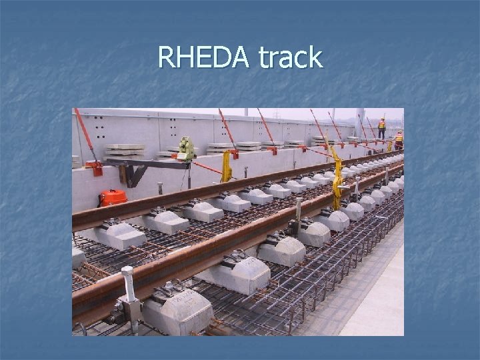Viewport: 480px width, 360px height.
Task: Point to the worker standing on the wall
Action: (x=381, y=129)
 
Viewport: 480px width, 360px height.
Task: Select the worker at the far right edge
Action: (x=399, y=140)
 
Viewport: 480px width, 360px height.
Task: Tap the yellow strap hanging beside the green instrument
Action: (x=227, y=167)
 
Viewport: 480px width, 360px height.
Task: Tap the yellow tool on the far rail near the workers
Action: (x=390, y=146)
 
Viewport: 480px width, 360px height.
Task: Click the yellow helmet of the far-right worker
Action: (x=399, y=133)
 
